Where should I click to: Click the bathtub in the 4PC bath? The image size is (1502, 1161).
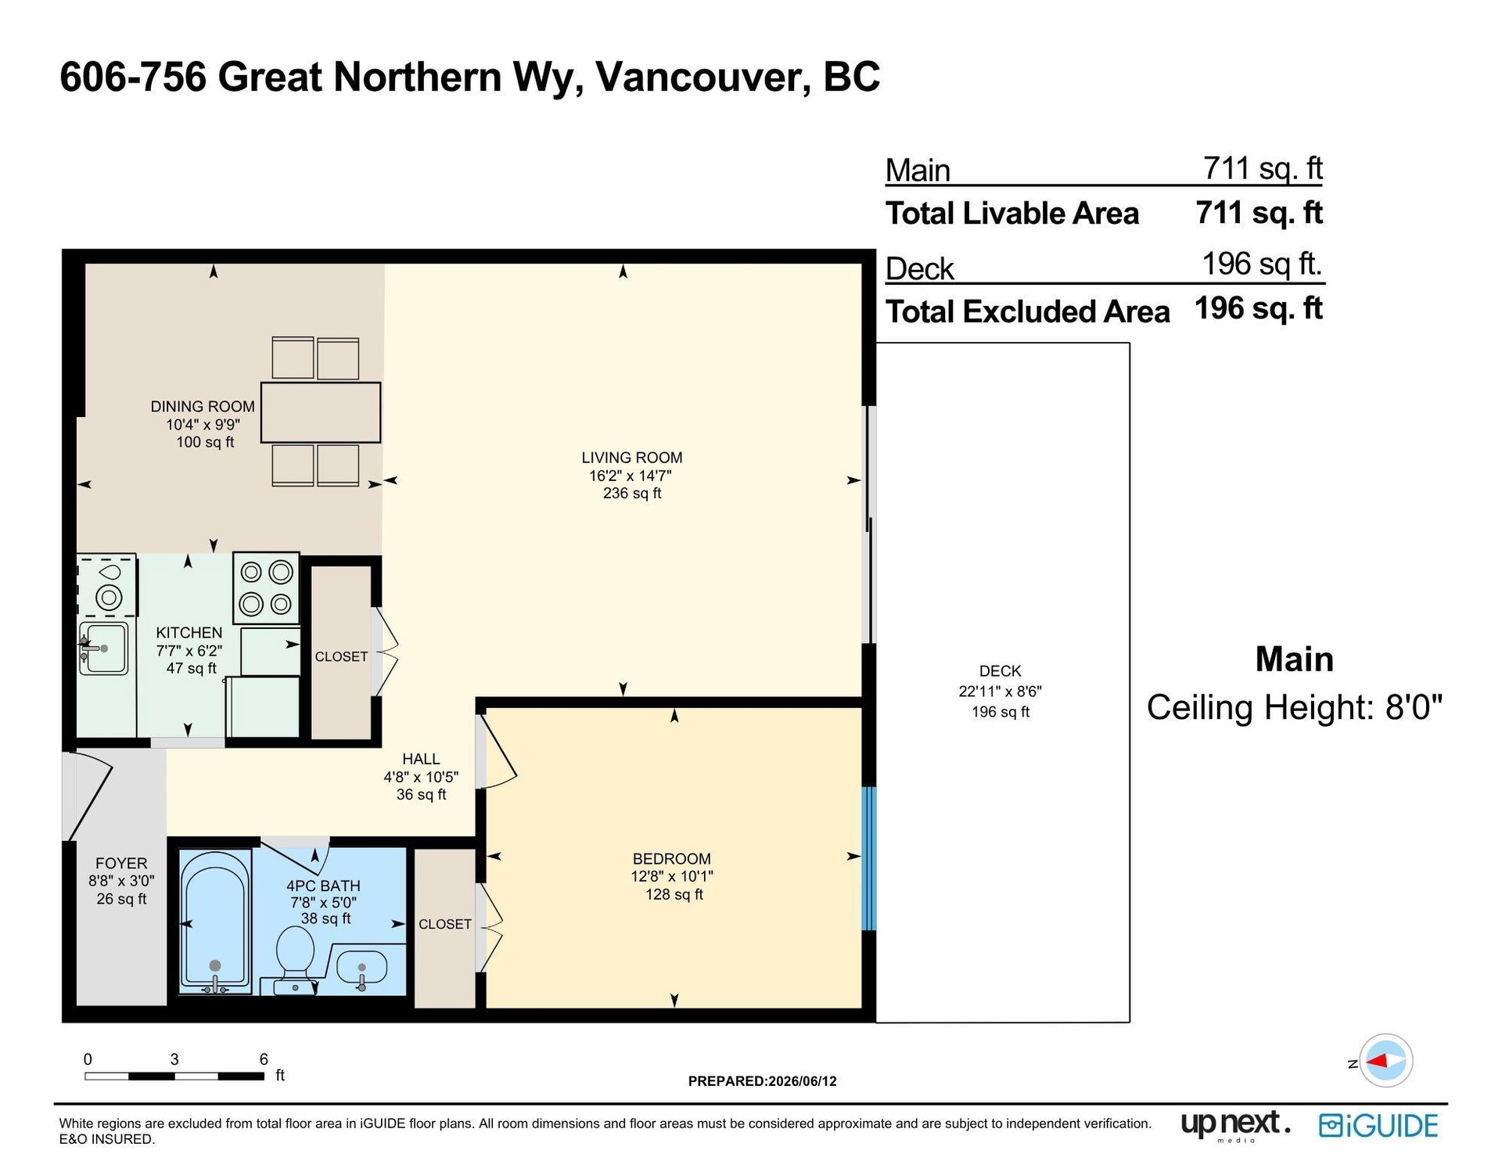click(x=215, y=922)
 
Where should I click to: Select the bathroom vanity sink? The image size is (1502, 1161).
click(x=361, y=968)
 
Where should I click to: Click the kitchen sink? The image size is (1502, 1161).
click(x=103, y=648)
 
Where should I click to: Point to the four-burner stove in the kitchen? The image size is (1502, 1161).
click(x=266, y=588)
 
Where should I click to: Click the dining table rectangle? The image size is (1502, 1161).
click(x=321, y=412)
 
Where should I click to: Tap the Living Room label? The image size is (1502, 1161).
click(x=632, y=458)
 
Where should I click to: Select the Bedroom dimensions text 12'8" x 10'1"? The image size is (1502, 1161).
click(x=672, y=876)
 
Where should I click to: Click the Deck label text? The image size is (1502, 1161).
click(x=1001, y=671)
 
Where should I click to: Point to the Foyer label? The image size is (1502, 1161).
click(x=121, y=863)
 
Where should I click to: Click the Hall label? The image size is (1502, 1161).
click(x=421, y=759)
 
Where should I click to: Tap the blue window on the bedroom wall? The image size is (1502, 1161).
click(x=868, y=858)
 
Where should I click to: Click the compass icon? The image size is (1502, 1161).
click(x=1385, y=1061)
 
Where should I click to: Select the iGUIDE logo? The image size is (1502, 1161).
click(x=1378, y=1125)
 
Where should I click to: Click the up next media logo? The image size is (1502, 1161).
click(x=1235, y=1125)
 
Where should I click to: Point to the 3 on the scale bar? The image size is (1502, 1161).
click(x=174, y=1059)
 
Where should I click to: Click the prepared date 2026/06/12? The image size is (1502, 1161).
click(x=803, y=1081)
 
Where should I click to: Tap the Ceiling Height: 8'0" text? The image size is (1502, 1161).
click(x=1295, y=707)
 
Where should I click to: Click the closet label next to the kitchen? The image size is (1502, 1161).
click(x=341, y=656)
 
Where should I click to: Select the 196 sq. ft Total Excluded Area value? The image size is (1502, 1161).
click(x=1259, y=308)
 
